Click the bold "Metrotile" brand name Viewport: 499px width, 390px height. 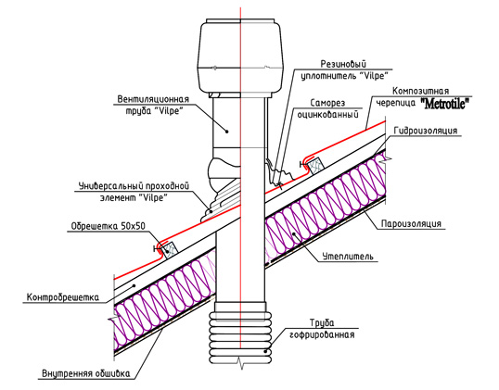coord(445,104)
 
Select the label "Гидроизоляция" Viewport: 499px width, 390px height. coord(426,131)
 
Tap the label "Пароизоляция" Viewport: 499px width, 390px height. coord(412,223)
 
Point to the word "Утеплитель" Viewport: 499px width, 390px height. coord(348,257)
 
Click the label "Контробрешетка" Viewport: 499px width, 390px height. coord(63,297)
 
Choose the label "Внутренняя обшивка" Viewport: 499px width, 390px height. coord(86,372)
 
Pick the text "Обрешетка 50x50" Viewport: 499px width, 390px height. coord(108,226)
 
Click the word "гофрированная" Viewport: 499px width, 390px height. coord(322,334)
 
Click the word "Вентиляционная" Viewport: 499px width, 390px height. coord(153,99)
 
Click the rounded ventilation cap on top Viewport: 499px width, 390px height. coord(241,55)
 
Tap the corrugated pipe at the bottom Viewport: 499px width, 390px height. coord(240,337)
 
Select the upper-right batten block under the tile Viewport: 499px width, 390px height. coord(315,166)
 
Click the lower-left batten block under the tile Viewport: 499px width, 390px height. coord(171,250)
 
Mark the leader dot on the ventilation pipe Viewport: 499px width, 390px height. coord(227,131)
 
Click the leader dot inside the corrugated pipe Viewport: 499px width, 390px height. coord(266,351)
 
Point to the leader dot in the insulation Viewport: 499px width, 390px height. coord(294,234)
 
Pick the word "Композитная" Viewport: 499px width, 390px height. coord(420,91)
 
